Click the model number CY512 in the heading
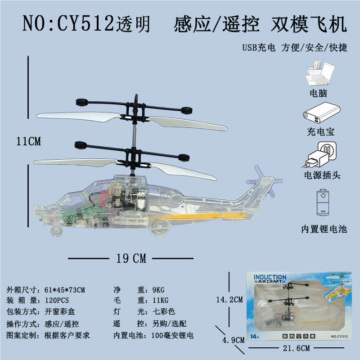tap(85, 23)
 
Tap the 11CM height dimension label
tap(28, 141)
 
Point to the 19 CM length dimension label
tap(131, 258)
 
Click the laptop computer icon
tap(320, 73)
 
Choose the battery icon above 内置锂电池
tap(323, 202)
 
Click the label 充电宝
tap(321, 132)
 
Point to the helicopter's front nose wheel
tap(56, 231)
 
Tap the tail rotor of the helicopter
tap(264, 181)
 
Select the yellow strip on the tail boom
tap(206, 216)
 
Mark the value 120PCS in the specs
tap(57, 300)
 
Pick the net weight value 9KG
tap(158, 290)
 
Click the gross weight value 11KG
tap(161, 300)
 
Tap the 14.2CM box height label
tap(229, 299)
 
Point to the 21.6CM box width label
tap(296, 348)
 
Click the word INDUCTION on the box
tap(270, 277)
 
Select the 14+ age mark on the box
tap(255, 337)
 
